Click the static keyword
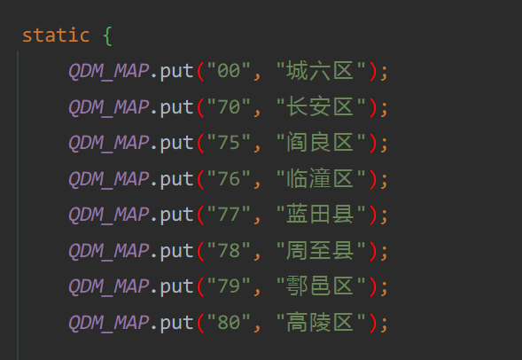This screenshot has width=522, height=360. click(56, 35)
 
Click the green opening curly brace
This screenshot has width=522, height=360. click(107, 35)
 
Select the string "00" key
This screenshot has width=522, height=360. click(229, 71)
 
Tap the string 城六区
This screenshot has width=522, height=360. click(320, 71)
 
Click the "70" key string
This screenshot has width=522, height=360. click(229, 106)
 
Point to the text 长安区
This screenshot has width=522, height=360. click(320, 106)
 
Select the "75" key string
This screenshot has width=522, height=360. click(229, 143)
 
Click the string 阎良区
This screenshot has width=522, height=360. click(320, 143)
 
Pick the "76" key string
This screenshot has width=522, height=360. click(229, 178)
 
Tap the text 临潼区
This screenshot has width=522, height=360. click(320, 178)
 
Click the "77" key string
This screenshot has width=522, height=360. click(229, 214)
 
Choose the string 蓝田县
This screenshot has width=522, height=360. click(320, 214)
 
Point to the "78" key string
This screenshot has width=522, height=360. click(229, 250)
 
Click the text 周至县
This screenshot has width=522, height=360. click(320, 250)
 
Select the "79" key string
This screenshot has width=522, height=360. click(229, 286)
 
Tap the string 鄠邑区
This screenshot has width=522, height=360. click(320, 286)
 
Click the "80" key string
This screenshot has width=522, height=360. click(229, 322)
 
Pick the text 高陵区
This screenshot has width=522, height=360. click(320, 322)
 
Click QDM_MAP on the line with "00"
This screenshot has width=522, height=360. click(109, 71)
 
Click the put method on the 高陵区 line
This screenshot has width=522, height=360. click(176, 323)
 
